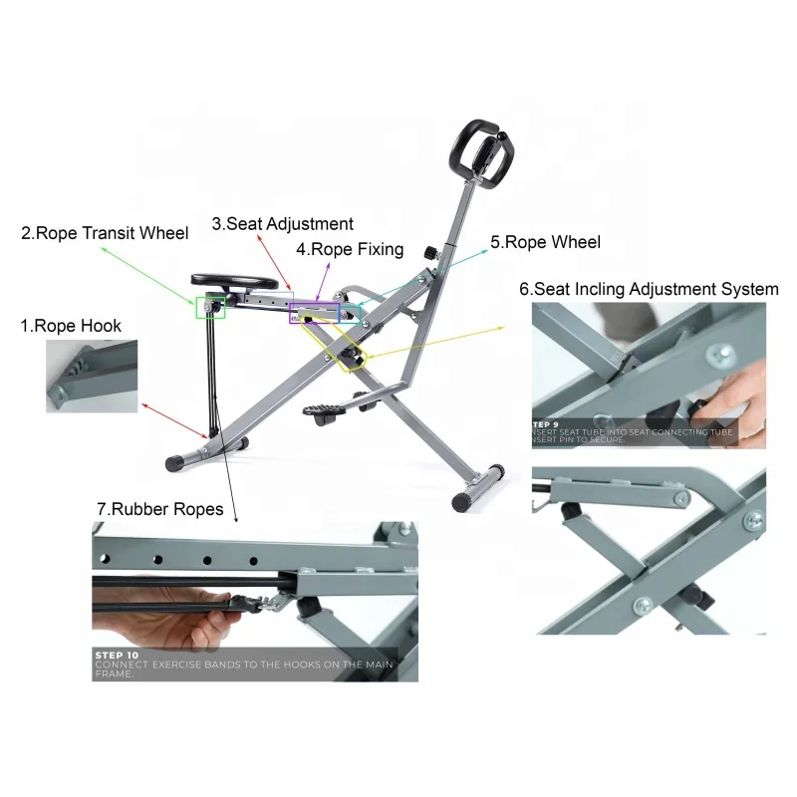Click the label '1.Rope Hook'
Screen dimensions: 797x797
71,326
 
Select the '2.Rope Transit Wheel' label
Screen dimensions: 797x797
105,234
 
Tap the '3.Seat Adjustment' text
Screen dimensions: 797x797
282,224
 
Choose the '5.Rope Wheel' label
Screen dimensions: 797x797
545,241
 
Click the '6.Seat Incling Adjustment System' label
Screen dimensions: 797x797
649,289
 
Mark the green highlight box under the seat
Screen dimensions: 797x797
210,307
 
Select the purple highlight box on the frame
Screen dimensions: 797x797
315,312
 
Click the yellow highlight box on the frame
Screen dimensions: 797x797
345,348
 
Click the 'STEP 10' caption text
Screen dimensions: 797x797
120,655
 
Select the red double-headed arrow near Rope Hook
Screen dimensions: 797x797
174,420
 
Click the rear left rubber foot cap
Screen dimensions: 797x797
177,462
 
